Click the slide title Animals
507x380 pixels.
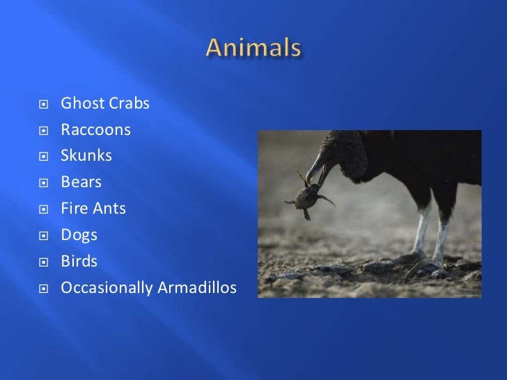[x=253, y=49]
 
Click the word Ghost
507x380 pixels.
[x=81, y=104]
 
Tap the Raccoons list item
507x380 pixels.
[x=95, y=130]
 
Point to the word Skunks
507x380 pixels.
[x=86, y=156]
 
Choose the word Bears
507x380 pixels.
[x=81, y=182]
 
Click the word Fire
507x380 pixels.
[x=73, y=208]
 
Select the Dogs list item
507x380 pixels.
[x=79, y=235]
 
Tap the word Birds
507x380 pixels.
[x=79, y=261]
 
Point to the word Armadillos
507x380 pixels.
[x=198, y=287]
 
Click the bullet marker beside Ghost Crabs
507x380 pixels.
[x=43, y=105]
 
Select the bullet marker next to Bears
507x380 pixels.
[x=43, y=184]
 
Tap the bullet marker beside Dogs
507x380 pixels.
[x=43, y=236]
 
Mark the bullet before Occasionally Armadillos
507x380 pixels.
[x=43, y=288]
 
